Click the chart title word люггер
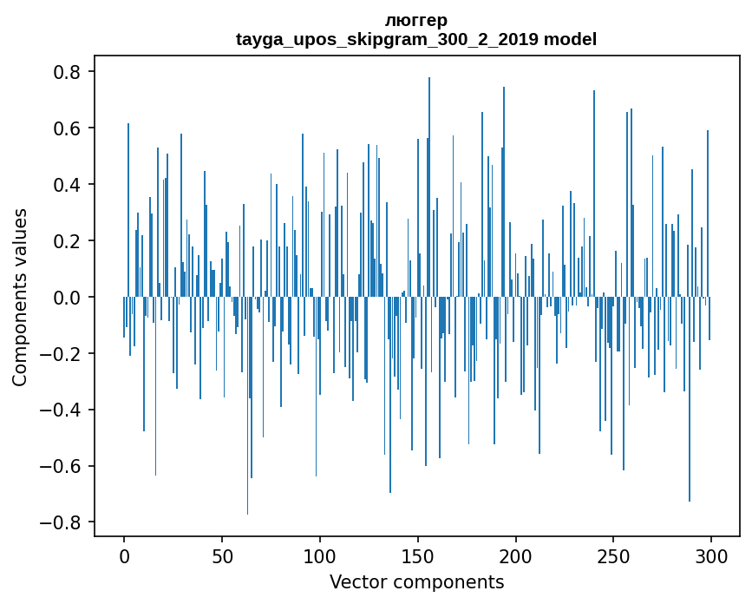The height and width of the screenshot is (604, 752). pos(416,20)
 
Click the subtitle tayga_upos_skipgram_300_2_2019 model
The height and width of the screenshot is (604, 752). pos(416,39)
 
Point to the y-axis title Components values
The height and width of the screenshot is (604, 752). pos(20,297)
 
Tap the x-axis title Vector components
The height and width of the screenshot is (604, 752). pos(416,581)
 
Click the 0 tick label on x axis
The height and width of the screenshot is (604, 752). pos(124,555)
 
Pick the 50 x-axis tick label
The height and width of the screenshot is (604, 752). pos(222,555)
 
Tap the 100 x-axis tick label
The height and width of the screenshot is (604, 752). pos(320,555)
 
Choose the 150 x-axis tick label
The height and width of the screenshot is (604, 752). pos(418,555)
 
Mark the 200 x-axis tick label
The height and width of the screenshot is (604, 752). pos(516,555)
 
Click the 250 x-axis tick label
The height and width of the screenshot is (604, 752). pos(613,555)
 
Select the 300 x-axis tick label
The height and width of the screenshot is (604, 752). pos(711,555)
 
